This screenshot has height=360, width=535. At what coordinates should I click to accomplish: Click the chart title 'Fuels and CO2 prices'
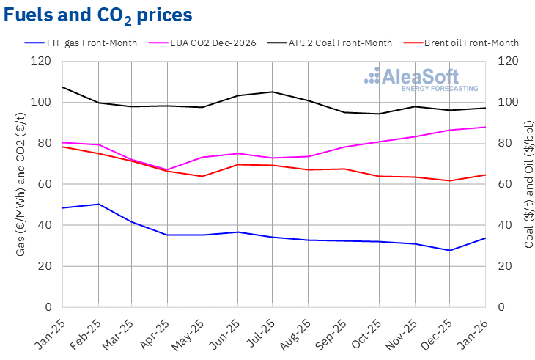click(98, 14)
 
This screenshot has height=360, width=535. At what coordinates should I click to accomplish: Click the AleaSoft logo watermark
click(421, 79)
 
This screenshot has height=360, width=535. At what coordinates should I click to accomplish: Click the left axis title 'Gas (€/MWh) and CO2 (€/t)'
click(21, 183)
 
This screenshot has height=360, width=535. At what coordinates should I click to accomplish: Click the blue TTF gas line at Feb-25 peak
click(98, 204)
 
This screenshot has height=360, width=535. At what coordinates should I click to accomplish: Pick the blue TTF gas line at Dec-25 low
click(450, 250)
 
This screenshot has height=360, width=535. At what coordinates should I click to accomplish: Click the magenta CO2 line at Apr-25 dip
click(169, 169)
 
